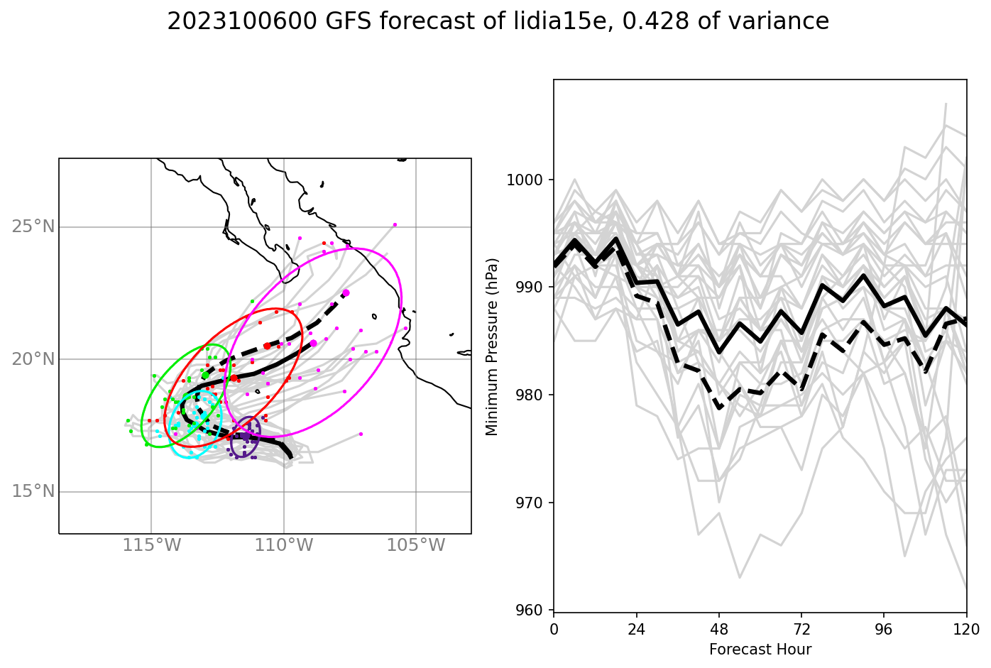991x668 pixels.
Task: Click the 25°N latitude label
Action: click(33, 227)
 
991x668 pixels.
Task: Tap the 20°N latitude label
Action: click(33, 359)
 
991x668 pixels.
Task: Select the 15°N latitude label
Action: click(33, 491)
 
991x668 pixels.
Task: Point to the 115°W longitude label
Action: click(151, 546)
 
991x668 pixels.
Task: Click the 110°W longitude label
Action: click(283, 546)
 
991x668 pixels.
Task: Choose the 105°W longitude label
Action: click(416, 546)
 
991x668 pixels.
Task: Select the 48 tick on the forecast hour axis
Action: click(719, 629)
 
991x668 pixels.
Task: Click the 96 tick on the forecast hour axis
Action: click(884, 629)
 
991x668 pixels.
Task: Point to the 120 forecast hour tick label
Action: click(966, 629)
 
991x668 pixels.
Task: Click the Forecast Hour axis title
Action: click(760, 650)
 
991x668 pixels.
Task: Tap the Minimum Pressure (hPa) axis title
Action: click(492, 346)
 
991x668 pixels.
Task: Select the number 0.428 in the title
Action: click(655, 22)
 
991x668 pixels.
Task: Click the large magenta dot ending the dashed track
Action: click(346, 292)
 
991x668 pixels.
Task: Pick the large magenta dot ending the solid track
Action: click(314, 344)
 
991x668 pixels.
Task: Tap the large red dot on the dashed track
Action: click(267, 346)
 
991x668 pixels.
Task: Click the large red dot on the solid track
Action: click(234, 378)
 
